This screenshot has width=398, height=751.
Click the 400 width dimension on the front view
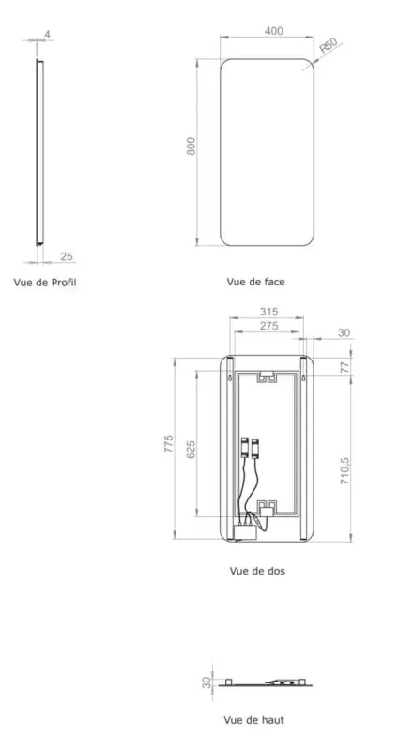coord(272,32)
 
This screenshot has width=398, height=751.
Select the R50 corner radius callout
coord(328,45)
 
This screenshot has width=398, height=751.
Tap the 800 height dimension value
coord(191,147)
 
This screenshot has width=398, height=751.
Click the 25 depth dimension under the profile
coord(67,256)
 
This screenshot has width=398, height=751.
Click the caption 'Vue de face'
coord(255,281)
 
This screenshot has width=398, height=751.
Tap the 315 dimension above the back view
coord(268,314)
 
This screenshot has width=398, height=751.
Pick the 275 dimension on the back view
coord(268,326)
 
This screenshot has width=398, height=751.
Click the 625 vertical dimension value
coord(191,447)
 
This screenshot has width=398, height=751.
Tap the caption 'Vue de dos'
coord(256,570)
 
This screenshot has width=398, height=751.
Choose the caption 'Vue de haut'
coord(255,720)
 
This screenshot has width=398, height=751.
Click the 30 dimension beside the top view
coord(206,682)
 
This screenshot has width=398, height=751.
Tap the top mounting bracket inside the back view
coord(268,378)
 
